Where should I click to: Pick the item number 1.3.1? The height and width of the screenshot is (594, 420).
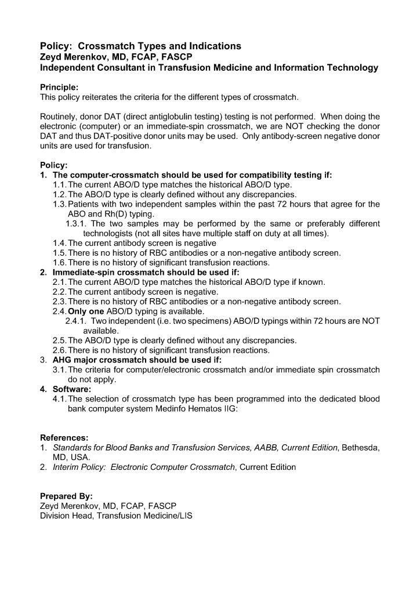[x=76, y=223]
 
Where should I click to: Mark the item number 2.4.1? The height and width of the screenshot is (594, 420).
[x=76, y=321]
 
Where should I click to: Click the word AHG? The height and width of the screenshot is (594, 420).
[x=63, y=360]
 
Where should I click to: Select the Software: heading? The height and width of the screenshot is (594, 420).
[x=72, y=389]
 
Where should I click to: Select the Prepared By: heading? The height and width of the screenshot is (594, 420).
[x=66, y=496]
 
